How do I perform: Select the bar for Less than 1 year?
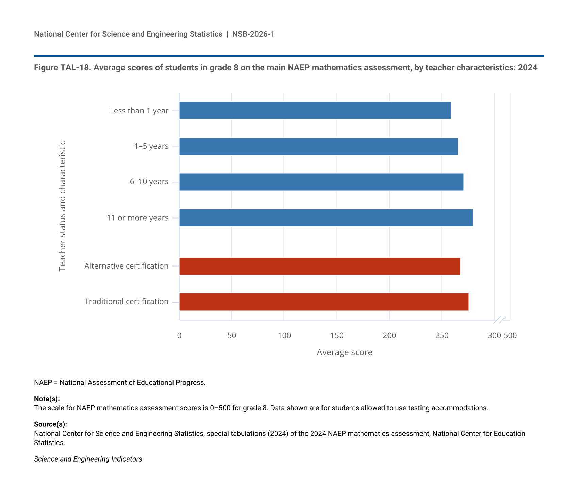(x=315, y=110)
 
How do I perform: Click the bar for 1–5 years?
(x=318, y=146)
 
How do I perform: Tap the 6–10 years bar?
(x=321, y=182)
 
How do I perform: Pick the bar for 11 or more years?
(x=326, y=217)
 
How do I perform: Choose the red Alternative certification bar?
(x=319, y=266)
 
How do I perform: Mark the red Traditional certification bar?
(x=324, y=302)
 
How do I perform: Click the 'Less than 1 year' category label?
(x=139, y=111)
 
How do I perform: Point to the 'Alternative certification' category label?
(x=127, y=266)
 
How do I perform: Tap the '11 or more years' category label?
(x=137, y=218)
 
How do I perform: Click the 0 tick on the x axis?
(x=179, y=336)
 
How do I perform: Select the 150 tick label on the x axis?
(x=336, y=336)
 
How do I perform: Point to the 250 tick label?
(x=442, y=336)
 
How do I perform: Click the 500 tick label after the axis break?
(x=510, y=336)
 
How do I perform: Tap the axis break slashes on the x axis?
(x=500, y=320)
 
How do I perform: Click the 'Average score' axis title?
(x=344, y=352)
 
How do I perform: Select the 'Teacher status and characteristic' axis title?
(x=62, y=206)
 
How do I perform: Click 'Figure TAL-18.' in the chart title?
(x=63, y=68)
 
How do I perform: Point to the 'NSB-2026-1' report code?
(x=253, y=34)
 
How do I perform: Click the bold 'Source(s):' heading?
(x=50, y=424)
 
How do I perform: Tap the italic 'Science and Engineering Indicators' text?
(x=88, y=459)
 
